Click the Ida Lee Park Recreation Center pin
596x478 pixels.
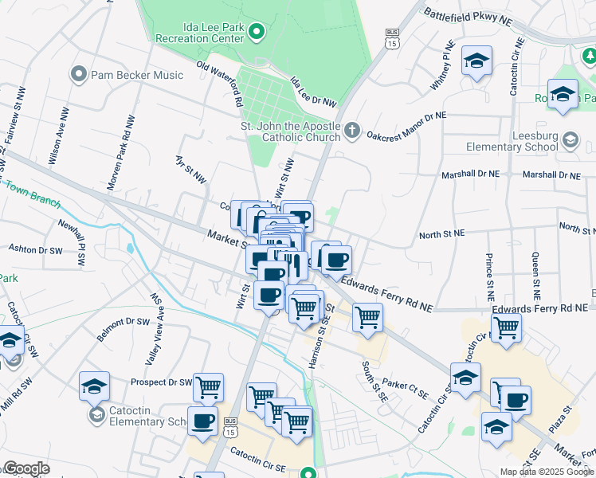tap(256, 32)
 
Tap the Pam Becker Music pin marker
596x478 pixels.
tap(78, 75)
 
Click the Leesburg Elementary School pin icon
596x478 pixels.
tap(570, 141)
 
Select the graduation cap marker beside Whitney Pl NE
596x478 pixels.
tap(476, 61)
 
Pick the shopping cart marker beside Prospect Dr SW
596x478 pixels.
tap(208, 387)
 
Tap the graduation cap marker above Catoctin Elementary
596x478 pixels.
tap(94, 386)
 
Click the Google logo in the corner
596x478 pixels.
tap(26, 468)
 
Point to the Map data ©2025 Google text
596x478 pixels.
tap(547, 472)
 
